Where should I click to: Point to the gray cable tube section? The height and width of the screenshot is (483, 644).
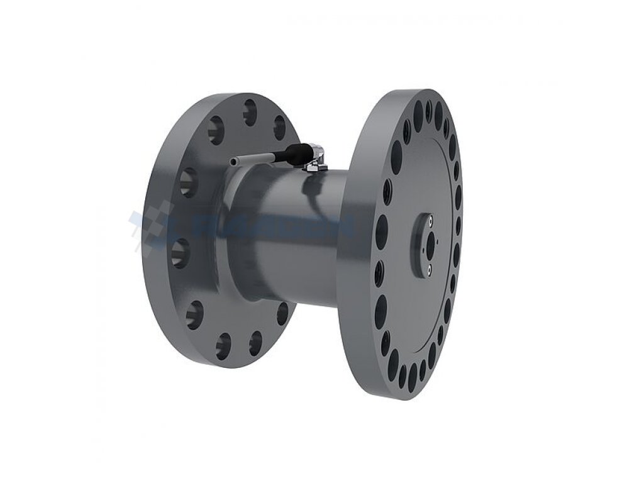click(x=255, y=159)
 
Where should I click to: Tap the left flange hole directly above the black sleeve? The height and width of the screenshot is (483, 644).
click(x=279, y=128)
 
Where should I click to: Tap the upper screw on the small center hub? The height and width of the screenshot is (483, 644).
click(x=430, y=221)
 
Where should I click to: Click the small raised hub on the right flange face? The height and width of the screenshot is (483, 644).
click(x=420, y=245)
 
